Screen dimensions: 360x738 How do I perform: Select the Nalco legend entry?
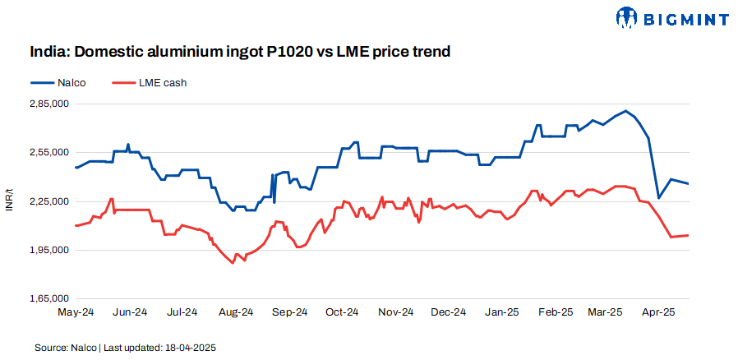pos(58,82)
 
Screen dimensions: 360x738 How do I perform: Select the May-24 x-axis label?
pos(76,312)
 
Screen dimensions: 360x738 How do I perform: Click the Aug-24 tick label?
pos(235,312)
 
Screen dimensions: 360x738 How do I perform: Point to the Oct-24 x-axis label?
pos(342,312)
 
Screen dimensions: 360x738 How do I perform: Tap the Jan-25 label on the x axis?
pos(501,312)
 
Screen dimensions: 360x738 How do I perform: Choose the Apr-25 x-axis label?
pos(657,312)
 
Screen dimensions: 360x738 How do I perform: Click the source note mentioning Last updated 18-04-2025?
pos(125,348)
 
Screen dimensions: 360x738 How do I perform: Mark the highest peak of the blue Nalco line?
pos(626,110)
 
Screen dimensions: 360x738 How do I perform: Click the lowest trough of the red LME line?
pos(233,263)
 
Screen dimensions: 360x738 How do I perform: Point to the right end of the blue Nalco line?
pos(689,183)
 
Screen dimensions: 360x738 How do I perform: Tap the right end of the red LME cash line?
pos(689,235)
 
